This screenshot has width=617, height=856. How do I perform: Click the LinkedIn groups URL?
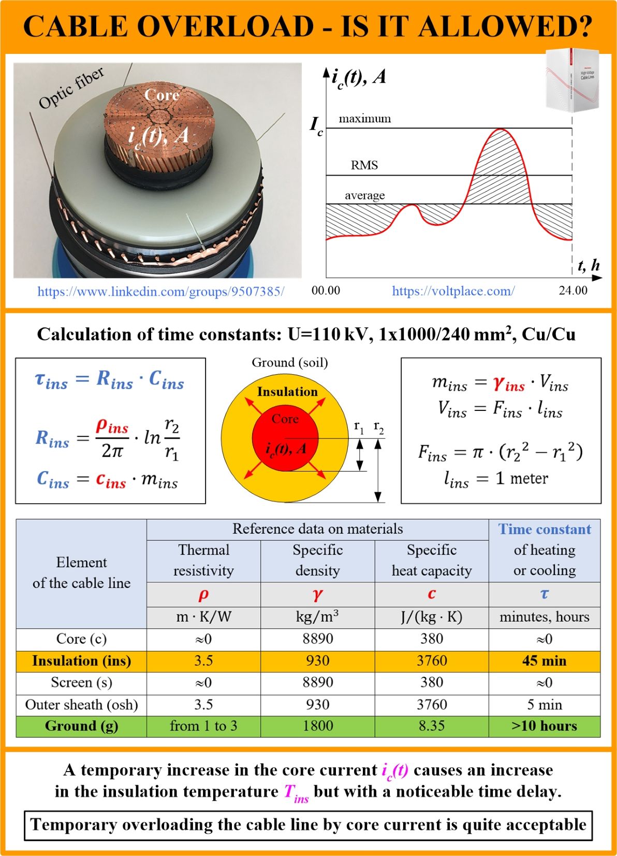tap(160, 291)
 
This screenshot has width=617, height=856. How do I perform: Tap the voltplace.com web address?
tap(453, 291)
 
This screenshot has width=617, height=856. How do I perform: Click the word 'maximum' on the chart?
tap(364, 119)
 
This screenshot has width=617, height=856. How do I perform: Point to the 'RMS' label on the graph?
tap(364, 165)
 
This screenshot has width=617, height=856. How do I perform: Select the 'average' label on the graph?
tap(365, 195)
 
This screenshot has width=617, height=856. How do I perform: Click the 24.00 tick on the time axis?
tap(573, 290)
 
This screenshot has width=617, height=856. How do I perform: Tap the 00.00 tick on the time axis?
tap(326, 290)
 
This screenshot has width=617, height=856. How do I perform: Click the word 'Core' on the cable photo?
tap(162, 95)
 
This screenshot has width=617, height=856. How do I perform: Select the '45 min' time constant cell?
tap(544, 661)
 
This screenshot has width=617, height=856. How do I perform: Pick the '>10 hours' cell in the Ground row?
tap(544, 726)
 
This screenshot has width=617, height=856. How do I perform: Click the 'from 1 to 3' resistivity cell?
tap(203, 726)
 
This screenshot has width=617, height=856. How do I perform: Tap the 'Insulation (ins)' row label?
tap(81, 661)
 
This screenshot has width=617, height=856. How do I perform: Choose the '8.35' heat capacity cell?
tap(432, 726)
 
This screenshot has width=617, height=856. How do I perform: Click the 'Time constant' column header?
tap(545, 529)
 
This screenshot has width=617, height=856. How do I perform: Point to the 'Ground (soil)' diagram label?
tap(290, 362)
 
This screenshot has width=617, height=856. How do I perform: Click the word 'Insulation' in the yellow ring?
tap(287, 392)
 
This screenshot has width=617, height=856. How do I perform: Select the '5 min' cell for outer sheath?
tap(544, 704)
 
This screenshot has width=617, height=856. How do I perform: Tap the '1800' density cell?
tap(317, 726)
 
